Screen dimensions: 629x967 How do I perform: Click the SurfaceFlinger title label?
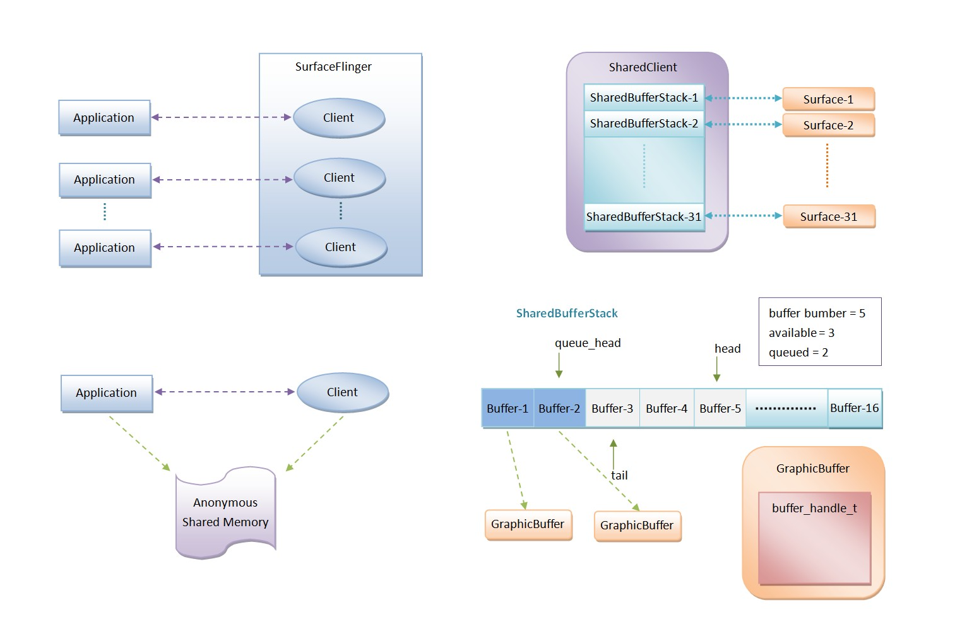pos(333,67)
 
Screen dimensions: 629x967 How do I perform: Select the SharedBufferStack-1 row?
pos(644,98)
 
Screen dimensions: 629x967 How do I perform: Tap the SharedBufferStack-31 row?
pos(644,217)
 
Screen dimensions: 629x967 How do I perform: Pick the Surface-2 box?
pos(828,126)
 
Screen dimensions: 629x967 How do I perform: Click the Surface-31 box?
pos(829,217)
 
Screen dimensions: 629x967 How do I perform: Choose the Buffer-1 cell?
pos(507,409)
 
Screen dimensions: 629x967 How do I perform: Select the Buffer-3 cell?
pos(612,409)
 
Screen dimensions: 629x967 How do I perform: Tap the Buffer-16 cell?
pos(855,408)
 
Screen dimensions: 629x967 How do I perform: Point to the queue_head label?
pos(588,343)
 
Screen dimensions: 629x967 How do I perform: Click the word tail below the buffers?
pos(619,476)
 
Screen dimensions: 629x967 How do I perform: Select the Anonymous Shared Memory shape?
pos(225,513)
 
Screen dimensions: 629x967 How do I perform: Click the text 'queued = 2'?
pos(798,353)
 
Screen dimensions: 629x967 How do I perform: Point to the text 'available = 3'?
pos(802,333)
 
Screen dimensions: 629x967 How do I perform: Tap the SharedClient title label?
pos(643,68)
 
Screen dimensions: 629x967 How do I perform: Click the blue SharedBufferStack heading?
pos(567,314)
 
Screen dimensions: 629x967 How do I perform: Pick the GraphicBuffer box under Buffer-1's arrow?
pos(528,524)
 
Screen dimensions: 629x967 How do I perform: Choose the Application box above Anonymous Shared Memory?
pos(106,393)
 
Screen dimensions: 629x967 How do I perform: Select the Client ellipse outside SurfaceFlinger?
pos(342,392)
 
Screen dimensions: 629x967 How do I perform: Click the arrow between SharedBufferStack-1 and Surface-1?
pos(744,98)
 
